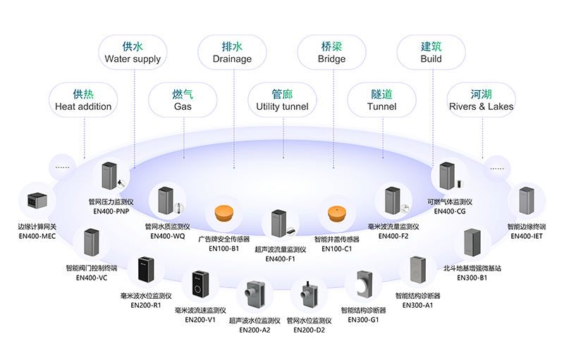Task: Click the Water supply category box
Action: (133, 53)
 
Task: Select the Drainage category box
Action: (232, 53)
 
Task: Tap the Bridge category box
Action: (331, 53)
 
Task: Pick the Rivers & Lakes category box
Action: (482, 100)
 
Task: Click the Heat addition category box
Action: (83, 100)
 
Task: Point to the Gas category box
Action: (183, 100)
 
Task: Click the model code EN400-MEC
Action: (37, 237)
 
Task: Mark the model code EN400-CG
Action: (449, 211)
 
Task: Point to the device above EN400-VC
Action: (92, 244)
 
